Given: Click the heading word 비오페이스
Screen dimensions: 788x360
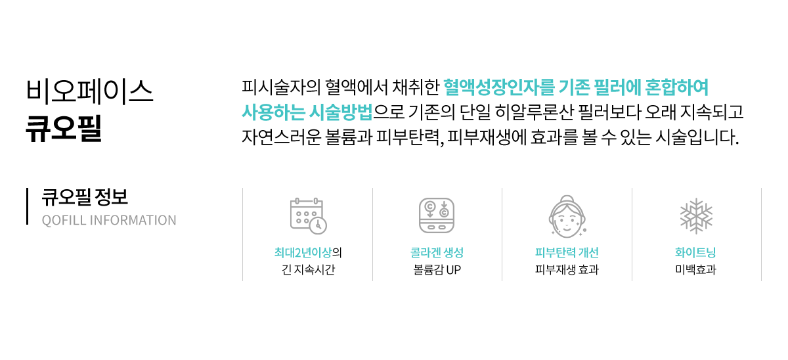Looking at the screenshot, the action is pyautogui.click(x=90, y=91).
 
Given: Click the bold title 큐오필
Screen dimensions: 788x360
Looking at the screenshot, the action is pyautogui.click(x=64, y=129).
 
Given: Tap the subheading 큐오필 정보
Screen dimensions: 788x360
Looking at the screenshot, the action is pyautogui.click(x=85, y=197).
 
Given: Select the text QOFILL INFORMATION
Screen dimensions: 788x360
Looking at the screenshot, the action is pyautogui.click(x=109, y=220).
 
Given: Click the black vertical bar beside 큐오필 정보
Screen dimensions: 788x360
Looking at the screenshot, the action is pyautogui.click(x=27, y=206).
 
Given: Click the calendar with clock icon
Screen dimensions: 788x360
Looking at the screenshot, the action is pyautogui.click(x=309, y=215).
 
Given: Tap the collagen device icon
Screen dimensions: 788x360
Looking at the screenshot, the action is pyautogui.click(x=437, y=215).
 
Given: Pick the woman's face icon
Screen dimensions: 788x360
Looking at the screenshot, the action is pyautogui.click(x=567, y=216).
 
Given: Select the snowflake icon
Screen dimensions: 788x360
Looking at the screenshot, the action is pyautogui.click(x=696, y=216).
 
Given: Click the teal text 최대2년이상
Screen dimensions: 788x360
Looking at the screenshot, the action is pyautogui.click(x=303, y=252).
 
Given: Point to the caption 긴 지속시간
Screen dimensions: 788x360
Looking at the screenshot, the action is pyautogui.click(x=308, y=269).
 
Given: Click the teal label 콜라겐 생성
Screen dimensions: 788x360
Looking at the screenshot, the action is pyautogui.click(x=437, y=252).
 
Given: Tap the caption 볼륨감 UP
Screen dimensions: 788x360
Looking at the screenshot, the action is pyautogui.click(x=437, y=269).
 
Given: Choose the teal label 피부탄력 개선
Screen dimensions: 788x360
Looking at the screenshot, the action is pyautogui.click(x=567, y=252).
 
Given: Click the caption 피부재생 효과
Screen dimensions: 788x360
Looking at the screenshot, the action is pyautogui.click(x=567, y=269).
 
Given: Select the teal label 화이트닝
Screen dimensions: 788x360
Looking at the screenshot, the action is pyautogui.click(x=695, y=252).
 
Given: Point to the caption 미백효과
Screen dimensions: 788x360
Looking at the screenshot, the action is pyautogui.click(x=695, y=269).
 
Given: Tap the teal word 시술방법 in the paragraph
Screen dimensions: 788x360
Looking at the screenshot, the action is pyautogui.click(x=341, y=112).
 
